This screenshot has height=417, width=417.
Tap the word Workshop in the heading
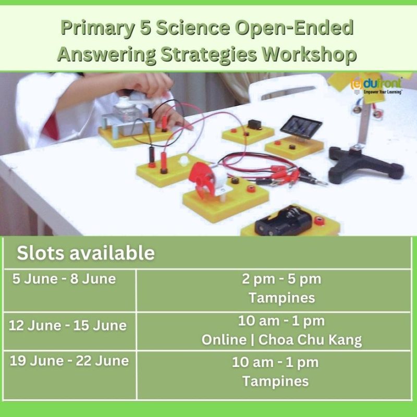point(309,55)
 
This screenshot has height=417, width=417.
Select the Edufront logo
point(376,85)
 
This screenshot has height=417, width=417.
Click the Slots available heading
point(85,253)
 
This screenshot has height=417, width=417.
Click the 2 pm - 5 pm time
point(281,279)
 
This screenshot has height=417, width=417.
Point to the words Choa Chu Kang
point(310,340)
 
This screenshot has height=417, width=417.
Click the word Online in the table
point(224,340)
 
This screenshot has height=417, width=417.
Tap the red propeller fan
point(202,179)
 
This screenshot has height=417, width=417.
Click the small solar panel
point(301,127)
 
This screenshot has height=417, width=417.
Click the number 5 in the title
point(145,28)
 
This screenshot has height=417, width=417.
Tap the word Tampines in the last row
point(276,381)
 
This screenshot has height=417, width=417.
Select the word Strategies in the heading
point(209,55)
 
